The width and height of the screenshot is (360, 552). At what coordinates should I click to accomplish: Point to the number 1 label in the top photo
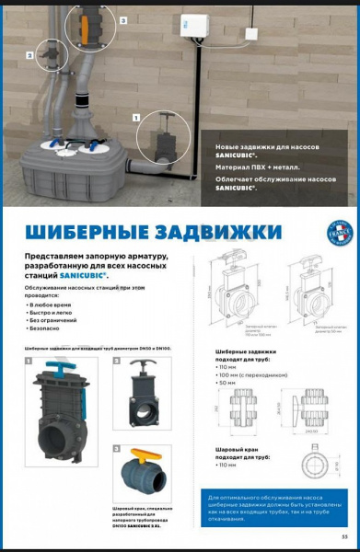click(136, 118)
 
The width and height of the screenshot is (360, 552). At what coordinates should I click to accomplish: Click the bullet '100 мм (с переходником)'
click(251, 375)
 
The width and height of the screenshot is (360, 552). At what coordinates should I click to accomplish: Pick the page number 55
click(345, 536)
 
